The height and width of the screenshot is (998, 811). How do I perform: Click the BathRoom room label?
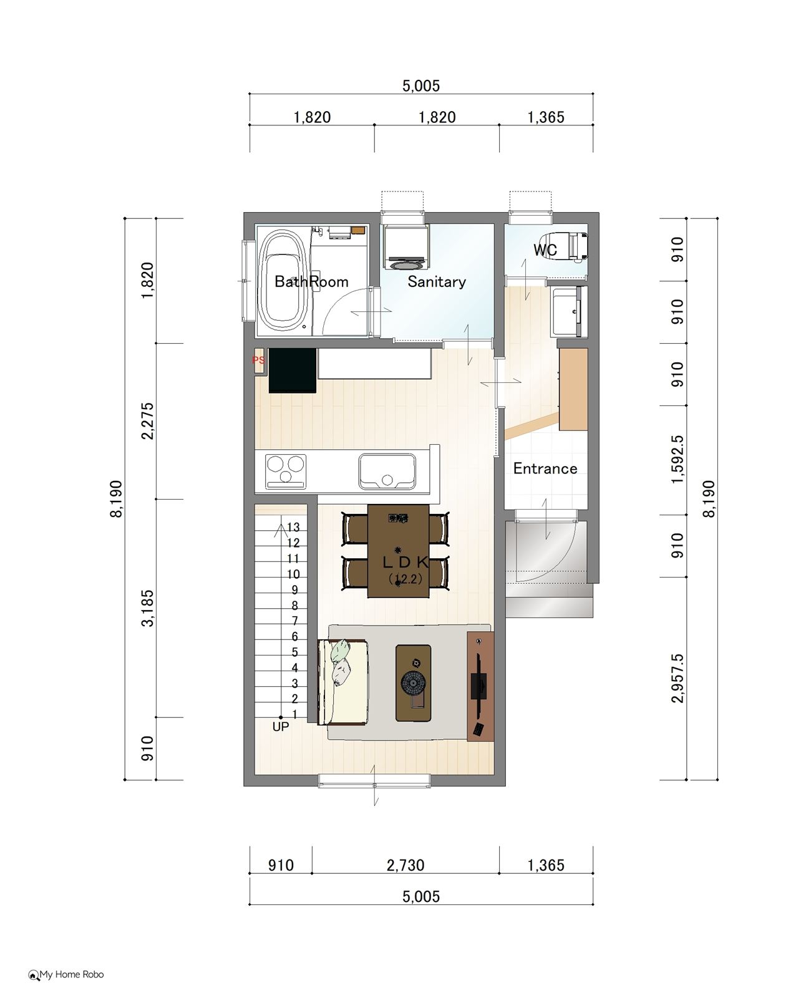(311, 281)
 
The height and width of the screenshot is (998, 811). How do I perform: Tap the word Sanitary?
(437, 281)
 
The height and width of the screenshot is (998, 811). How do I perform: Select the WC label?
(545, 249)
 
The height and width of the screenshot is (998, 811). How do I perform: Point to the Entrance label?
(545, 468)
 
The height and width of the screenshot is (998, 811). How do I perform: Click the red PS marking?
(258, 360)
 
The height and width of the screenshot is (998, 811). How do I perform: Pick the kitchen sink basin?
(387, 471)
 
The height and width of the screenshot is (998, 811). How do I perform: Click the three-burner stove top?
(286, 471)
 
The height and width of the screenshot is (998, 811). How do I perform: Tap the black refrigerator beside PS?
(293, 370)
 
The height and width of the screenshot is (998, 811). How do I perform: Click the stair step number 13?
(293, 527)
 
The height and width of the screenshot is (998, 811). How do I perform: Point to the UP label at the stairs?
(281, 726)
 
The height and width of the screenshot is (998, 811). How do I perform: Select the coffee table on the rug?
(413, 682)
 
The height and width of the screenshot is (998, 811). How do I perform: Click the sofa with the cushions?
(343, 682)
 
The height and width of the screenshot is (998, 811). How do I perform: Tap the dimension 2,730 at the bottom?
(405, 865)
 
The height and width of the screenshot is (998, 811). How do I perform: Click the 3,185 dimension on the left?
(148, 608)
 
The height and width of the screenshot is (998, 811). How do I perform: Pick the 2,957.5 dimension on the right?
(677, 679)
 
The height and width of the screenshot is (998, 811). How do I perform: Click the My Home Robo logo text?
(72, 974)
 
